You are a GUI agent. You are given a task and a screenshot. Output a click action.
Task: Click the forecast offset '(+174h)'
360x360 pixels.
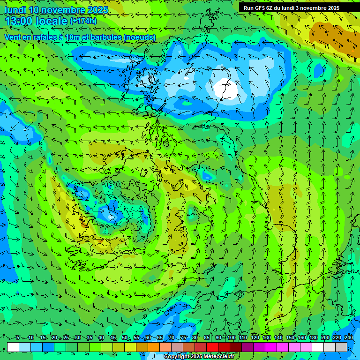coord(83,21)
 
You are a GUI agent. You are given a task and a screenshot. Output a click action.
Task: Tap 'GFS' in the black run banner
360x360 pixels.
coord(259,8)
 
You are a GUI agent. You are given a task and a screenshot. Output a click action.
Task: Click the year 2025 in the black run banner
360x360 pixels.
coord(331,8)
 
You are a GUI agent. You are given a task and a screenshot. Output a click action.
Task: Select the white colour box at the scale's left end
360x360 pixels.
coord(13,347)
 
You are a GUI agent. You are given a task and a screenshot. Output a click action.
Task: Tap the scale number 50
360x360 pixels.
coord(125,337)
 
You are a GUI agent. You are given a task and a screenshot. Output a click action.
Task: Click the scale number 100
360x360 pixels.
coord(231,337)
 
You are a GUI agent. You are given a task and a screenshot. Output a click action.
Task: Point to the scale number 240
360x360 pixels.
coord(348,337)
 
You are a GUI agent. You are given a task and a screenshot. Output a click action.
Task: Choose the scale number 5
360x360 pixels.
coord(18,337)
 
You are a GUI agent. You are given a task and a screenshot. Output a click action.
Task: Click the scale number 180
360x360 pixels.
coord(313,337)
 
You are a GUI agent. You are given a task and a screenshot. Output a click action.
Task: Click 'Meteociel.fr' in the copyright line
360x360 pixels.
coord(219,357)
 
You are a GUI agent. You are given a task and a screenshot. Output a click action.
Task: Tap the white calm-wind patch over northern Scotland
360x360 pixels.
coord(225,88)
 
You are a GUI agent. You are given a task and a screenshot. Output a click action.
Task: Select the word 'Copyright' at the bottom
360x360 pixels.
coord(177,357)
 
